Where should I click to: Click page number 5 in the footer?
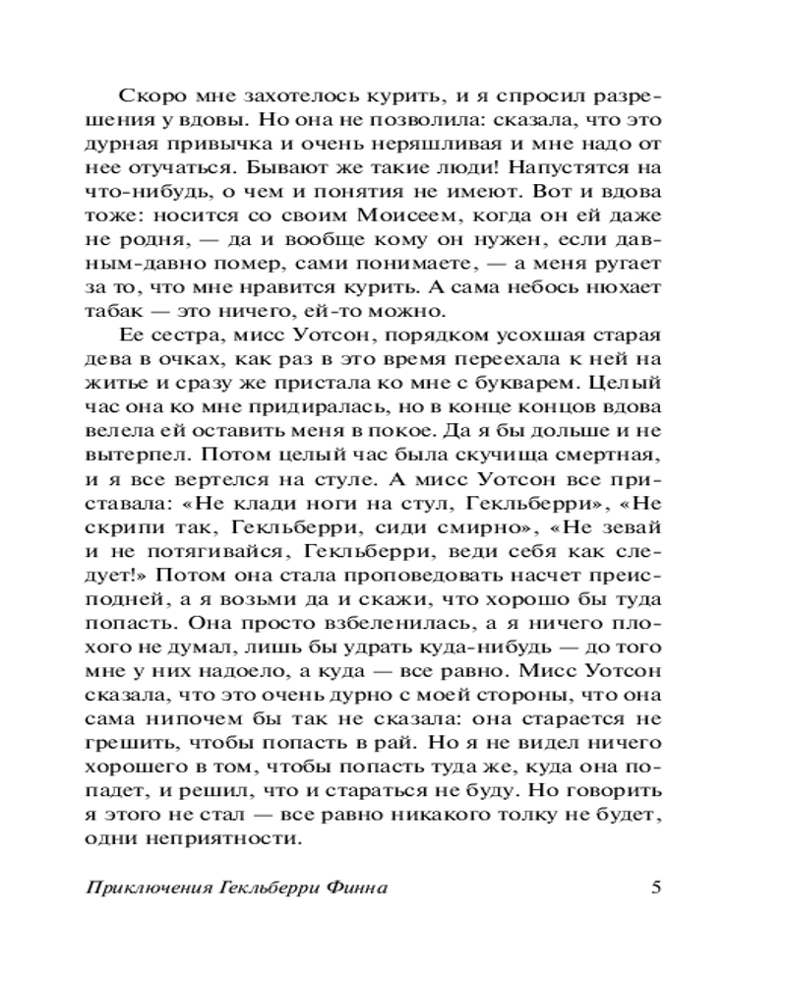tap(657, 886)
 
